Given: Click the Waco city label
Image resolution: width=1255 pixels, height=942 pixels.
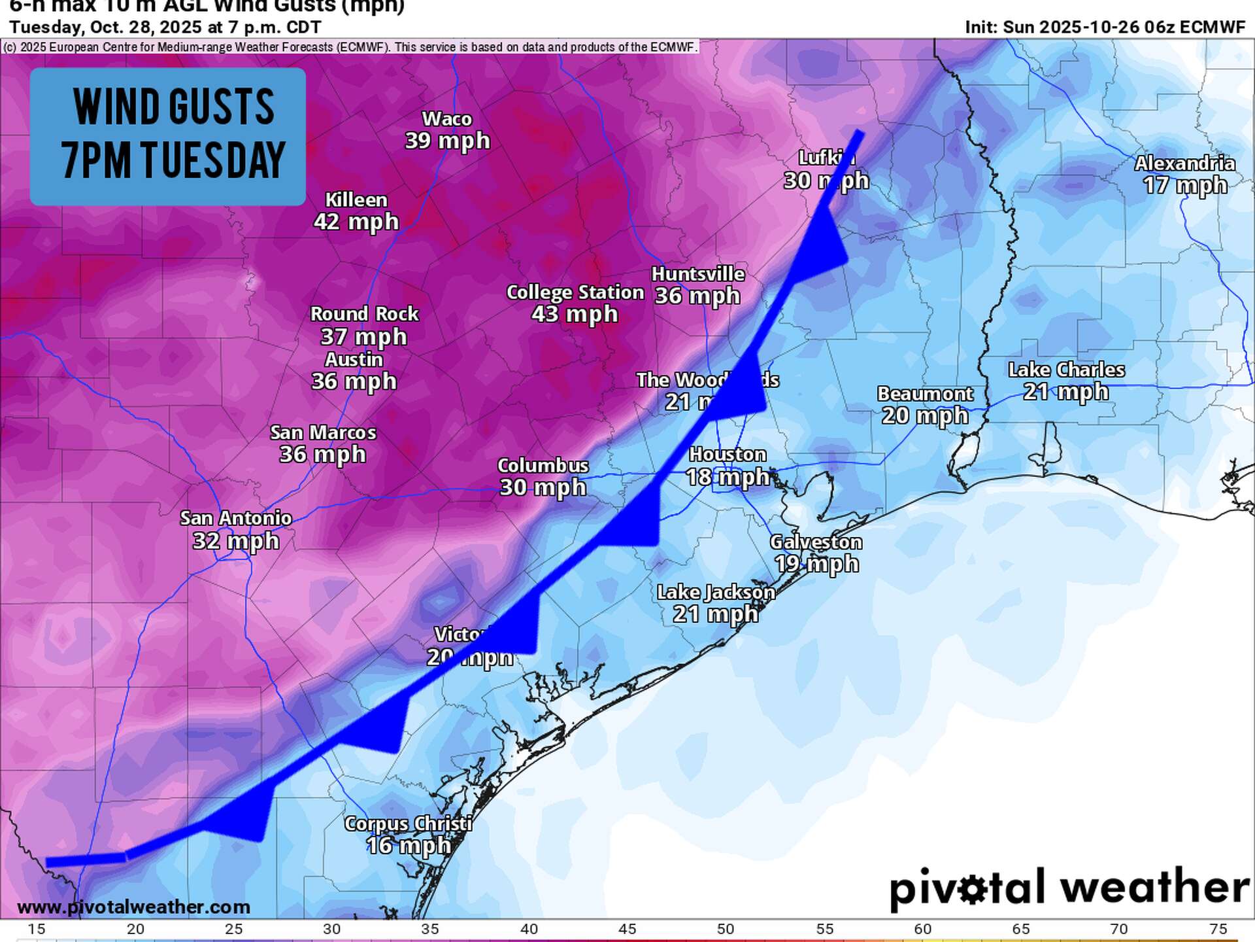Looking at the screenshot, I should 447,119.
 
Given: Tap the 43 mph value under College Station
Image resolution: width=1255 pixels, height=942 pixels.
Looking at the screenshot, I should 575,315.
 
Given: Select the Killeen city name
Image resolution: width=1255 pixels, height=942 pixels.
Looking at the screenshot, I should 356,200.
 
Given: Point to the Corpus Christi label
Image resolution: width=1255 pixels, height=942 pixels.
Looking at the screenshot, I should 409,824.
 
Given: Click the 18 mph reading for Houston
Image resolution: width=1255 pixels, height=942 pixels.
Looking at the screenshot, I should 728,477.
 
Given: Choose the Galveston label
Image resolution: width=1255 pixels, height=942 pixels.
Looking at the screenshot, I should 816,542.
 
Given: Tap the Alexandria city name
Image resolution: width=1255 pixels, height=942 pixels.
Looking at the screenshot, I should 1184,164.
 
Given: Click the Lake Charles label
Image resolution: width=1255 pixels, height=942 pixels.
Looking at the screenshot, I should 1066,370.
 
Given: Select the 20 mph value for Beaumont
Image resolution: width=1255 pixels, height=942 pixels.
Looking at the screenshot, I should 924,416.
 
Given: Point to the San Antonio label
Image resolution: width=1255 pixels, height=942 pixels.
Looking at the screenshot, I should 235,519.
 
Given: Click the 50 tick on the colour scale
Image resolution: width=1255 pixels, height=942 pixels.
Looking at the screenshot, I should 726,929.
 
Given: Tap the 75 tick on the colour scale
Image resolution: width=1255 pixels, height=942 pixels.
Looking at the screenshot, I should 1218,929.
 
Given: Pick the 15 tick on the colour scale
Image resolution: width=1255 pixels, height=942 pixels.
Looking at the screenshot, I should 37,929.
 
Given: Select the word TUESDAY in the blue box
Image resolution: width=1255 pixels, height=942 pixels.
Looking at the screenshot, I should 212,160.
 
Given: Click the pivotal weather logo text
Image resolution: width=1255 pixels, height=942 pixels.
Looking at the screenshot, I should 1069,888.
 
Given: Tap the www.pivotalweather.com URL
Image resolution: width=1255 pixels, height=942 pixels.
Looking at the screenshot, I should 133,907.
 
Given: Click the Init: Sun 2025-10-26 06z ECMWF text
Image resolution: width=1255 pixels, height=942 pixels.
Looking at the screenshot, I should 1105,27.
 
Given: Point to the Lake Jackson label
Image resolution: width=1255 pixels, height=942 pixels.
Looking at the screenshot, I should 716,593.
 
